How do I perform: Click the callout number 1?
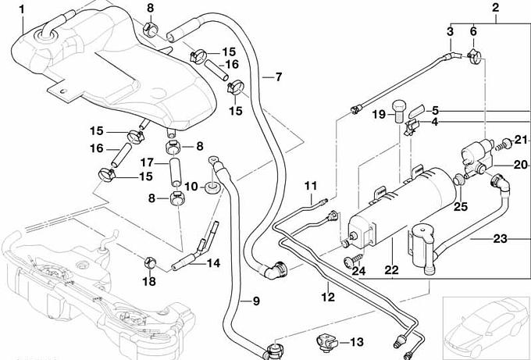pos(22,9)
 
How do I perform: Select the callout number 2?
pos(494,9)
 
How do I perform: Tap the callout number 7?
pos(277,77)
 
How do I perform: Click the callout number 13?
pos(355,342)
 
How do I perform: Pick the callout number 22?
pos(392,270)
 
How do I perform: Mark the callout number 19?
pos(379,115)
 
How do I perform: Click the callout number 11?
pos(312,186)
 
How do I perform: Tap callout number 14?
pos(213,263)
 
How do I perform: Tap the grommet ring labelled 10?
pos(211,188)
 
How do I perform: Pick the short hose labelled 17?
pos(177,169)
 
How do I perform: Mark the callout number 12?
pos(327,297)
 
